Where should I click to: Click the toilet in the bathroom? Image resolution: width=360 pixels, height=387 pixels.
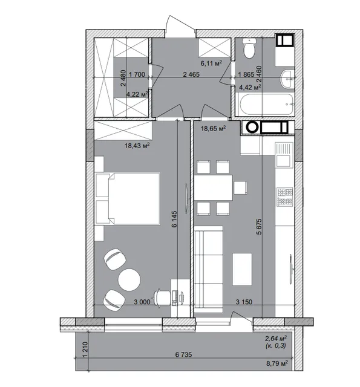[249, 48]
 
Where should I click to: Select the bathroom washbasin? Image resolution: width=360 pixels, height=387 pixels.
[287, 79]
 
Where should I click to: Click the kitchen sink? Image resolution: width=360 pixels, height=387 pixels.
[284, 154]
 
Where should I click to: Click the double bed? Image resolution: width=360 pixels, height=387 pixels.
[128, 198]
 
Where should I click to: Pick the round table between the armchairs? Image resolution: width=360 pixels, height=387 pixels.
[129, 279]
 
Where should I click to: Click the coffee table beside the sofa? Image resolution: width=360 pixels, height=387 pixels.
[242, 269]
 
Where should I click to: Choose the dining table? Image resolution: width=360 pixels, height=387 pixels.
[214, 187]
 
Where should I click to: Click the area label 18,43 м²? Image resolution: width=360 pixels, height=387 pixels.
[137, 145]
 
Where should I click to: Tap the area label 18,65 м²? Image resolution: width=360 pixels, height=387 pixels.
[213, 128]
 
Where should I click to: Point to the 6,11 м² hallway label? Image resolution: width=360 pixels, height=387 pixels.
[211, 63]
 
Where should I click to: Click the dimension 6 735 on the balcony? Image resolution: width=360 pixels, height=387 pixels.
[183, 354]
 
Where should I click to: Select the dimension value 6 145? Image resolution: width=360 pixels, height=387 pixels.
[174, 219]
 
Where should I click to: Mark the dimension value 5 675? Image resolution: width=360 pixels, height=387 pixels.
[259, 226]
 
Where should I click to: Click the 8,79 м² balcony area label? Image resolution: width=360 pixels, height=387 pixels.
[277, 363]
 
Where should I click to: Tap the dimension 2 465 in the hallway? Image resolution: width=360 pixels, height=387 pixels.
[191, 74]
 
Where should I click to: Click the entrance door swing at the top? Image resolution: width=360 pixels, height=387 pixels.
[180, 24]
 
